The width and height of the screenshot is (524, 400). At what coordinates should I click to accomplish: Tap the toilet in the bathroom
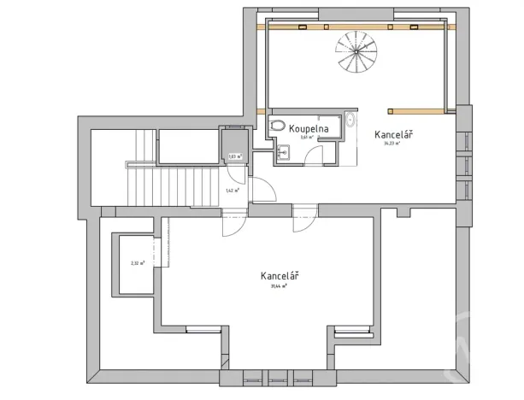coord(275,126)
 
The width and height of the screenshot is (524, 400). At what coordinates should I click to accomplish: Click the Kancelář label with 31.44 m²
coord(280,276)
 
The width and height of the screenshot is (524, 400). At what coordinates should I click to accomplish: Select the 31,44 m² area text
coord(280,287)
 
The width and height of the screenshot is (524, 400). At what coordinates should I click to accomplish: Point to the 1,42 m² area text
coord(231,191)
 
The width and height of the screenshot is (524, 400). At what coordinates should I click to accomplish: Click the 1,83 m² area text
coord(234,156)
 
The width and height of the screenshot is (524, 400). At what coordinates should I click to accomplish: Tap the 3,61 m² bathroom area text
coord(308,136)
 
